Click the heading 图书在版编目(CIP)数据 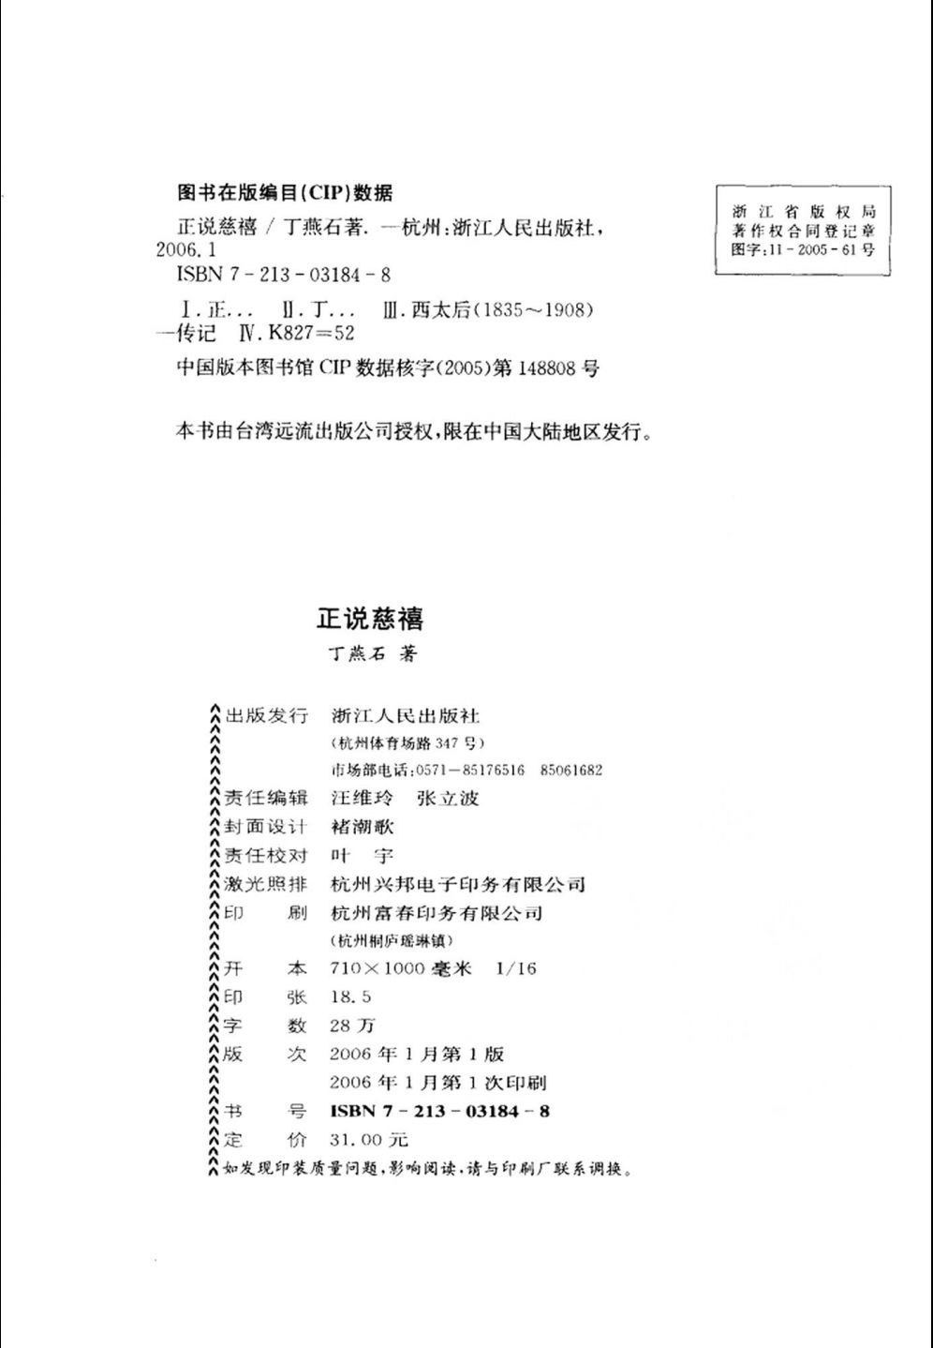(285, 193)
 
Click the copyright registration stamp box (803, 230)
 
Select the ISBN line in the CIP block (283, 276)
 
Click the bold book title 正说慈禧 (370, 619)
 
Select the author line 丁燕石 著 (367, 653)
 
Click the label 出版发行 (266, 716)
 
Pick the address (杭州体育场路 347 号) (407, 743)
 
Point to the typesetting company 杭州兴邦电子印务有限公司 (458, 884)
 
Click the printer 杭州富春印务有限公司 (437, 912)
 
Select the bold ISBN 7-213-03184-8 (440, 1111)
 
